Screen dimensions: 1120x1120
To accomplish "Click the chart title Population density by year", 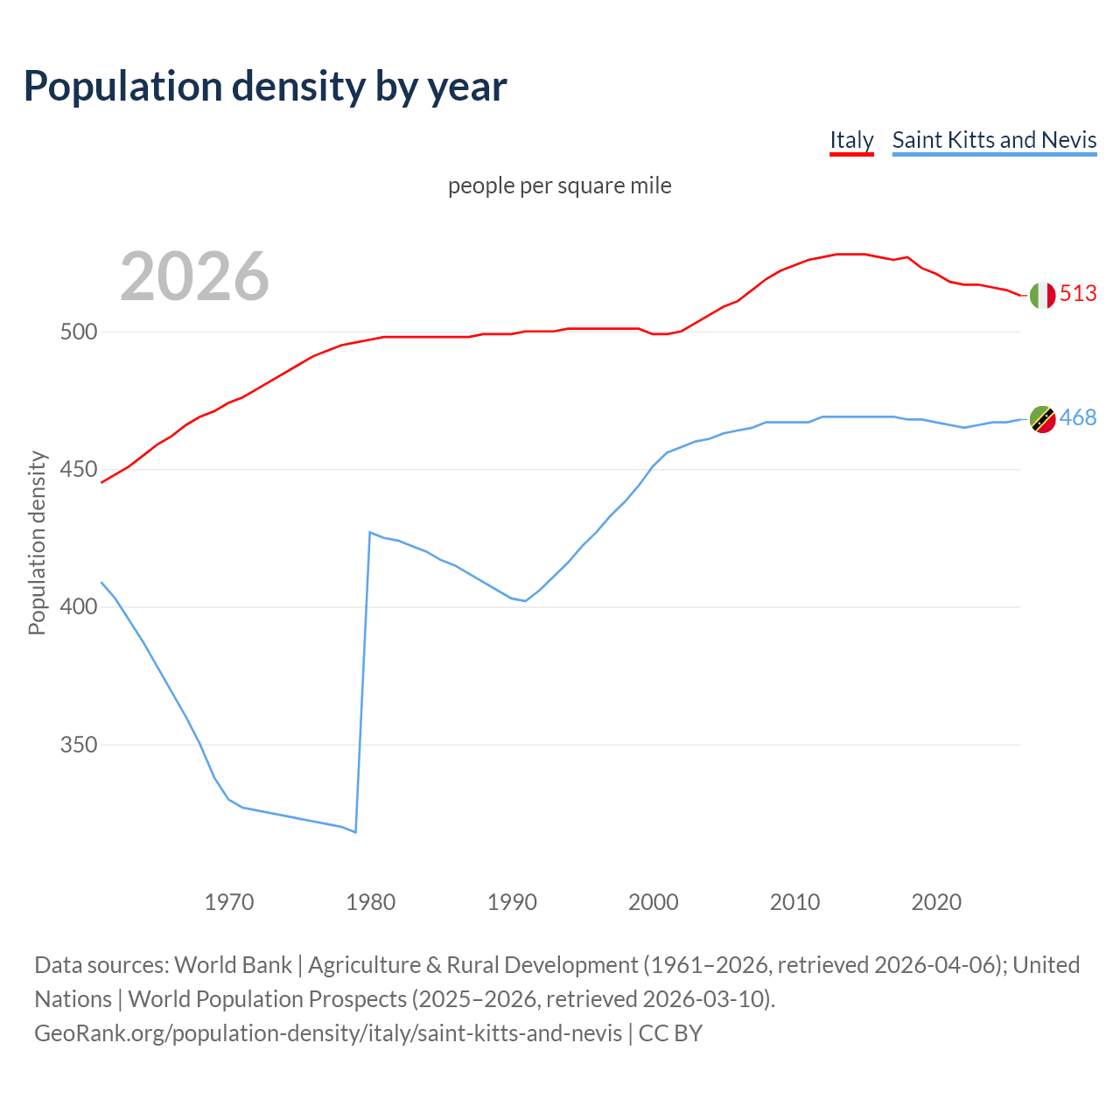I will pos(265,87).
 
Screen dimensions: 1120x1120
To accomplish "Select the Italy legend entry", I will pos(851,140).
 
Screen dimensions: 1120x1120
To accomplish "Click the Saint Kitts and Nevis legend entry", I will pos(994,140).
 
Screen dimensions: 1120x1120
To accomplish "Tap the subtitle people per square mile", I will pos(560,186).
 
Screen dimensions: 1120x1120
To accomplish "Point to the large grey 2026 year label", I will pos(194,276).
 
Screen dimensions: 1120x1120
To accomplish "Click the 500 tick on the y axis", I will pos(79,332).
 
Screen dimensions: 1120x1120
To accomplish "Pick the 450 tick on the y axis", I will pos(79,470).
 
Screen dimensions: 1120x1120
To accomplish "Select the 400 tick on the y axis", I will pos(79,607).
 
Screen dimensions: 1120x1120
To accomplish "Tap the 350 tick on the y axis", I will pos(79,745).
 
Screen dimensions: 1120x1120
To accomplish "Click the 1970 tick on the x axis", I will pos(229,902).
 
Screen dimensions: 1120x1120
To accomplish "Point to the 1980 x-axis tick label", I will pos(371,902).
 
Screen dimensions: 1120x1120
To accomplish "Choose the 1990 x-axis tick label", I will pos(512,902).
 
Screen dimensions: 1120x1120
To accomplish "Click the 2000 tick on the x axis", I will pos(654,902).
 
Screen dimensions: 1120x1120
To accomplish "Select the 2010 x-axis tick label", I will pos(794,902).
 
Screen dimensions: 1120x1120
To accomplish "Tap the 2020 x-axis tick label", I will pos(936,902).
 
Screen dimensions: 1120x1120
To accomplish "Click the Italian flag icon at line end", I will pos(1041,296).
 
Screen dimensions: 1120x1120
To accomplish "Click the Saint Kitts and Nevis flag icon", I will pos(1041,420).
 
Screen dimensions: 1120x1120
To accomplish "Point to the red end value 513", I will pos(1078,294).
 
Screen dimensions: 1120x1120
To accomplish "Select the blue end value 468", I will pos(1078,418).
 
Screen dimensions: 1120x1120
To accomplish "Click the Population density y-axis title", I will pos(37,542).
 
